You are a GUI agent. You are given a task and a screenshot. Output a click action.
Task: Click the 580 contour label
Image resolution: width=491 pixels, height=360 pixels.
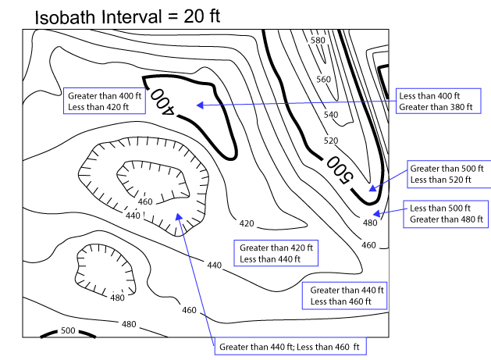point(317,40)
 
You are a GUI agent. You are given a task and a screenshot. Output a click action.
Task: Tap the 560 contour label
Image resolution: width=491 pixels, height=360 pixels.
point(322,79)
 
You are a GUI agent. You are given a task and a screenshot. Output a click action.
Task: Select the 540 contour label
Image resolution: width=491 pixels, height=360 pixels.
point(330,115)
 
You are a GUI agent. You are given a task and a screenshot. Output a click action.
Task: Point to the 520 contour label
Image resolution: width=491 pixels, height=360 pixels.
point(332,141)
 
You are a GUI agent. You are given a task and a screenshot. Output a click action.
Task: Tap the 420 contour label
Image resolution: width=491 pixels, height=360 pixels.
point(247,224)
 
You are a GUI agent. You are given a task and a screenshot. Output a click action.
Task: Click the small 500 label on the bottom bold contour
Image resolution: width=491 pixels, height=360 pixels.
point(68,331)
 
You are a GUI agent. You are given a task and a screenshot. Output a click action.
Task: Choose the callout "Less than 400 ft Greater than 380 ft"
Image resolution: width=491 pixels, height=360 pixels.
point(435,100)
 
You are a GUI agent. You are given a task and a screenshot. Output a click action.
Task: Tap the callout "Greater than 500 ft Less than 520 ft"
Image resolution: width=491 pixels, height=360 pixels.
point(447,173)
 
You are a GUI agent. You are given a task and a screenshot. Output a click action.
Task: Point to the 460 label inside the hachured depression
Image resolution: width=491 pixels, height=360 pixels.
point(145,202)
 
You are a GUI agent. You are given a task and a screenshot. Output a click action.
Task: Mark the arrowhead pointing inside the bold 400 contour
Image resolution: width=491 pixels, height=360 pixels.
point(200,104)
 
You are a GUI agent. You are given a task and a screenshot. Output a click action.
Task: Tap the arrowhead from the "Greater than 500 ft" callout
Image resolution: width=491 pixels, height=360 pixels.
point(372,188)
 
